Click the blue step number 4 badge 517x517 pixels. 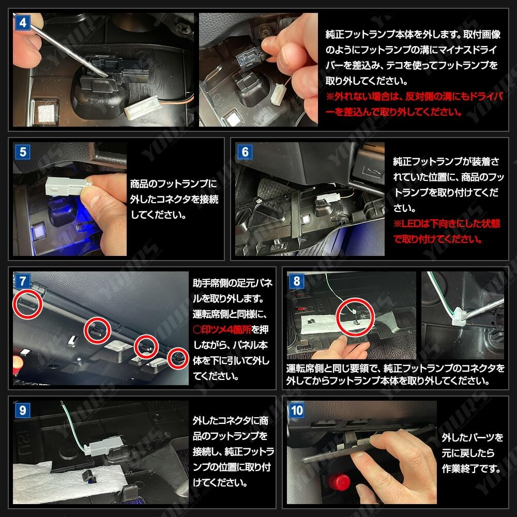click(22, 23)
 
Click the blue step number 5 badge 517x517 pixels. click(22, 152)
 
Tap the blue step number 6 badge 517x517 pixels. click(245, 152)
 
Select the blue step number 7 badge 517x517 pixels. click(22, 281)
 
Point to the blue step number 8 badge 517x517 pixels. click(296, 281)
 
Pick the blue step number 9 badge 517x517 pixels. click(22, 410)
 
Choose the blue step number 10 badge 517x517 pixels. click(296, 410)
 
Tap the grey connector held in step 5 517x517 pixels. click(68, 186)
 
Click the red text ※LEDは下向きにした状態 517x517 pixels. click(447, 223)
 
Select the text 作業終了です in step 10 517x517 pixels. click(471, 468)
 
